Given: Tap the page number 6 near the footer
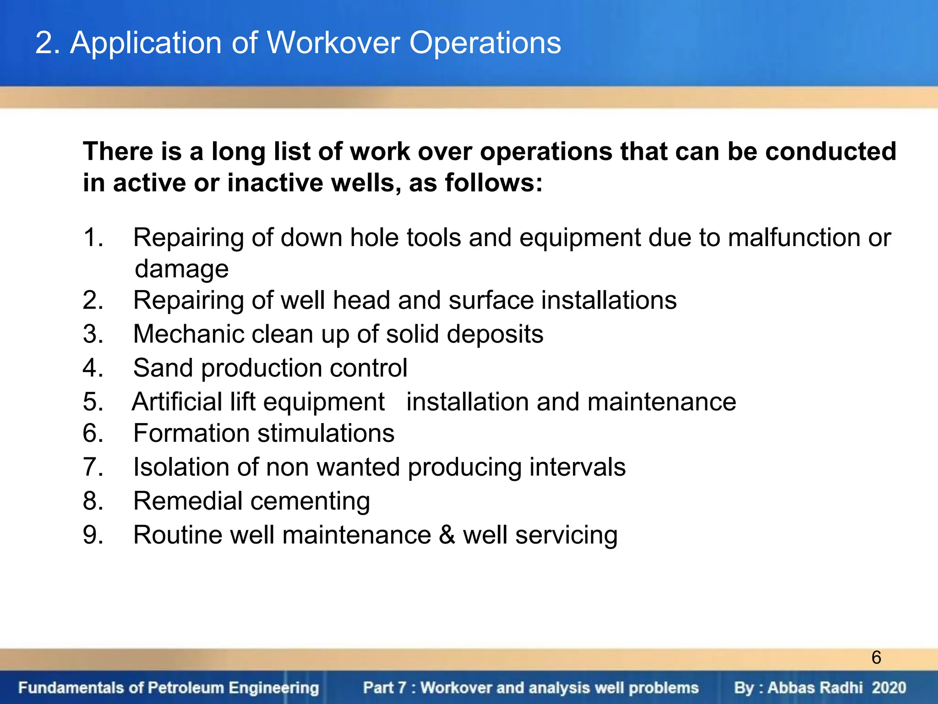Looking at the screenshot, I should coord(876,658).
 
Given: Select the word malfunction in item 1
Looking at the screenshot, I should coord(799,237).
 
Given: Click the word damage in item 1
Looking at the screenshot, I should coord(182,269).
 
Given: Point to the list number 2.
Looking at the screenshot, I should coord(93,300).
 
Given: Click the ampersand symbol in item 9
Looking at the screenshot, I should coord(447,535).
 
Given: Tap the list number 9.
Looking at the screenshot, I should coord(93,535).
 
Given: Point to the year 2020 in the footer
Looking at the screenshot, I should coord(889,687).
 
